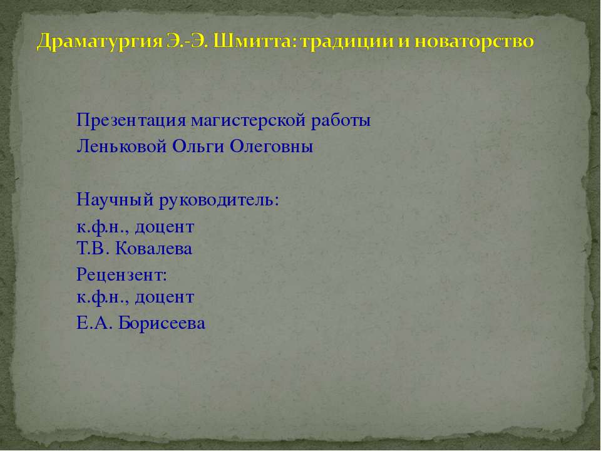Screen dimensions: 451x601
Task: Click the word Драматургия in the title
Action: pos(92,43)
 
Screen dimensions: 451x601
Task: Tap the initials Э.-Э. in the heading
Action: pos(179,43)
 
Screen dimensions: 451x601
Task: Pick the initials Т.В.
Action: pos(91,249)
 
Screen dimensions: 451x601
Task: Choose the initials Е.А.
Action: pos(92,323)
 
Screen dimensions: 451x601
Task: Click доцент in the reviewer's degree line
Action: pos(164,296)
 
